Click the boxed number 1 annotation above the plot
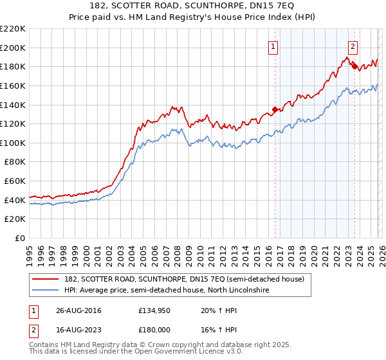click(273, 46)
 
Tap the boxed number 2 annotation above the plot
click(353, 46)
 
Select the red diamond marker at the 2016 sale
click(275, 109)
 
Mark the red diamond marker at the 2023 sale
click(354, 66)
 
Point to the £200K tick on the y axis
click(13, 48)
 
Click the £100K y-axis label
click(13, 143)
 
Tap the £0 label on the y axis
click(19, 238)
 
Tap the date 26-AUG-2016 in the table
click(78, 310)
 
